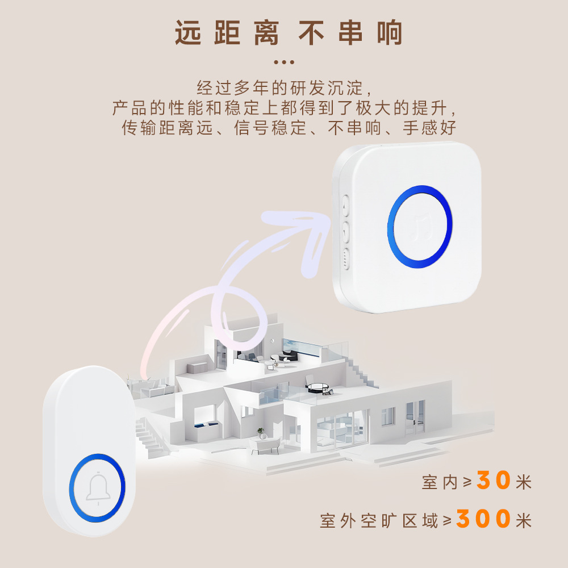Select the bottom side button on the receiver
[345, 258]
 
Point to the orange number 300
[483, 519]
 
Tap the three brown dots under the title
[284, 62]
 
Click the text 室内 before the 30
[440, 483]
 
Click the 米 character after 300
[524, 520]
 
